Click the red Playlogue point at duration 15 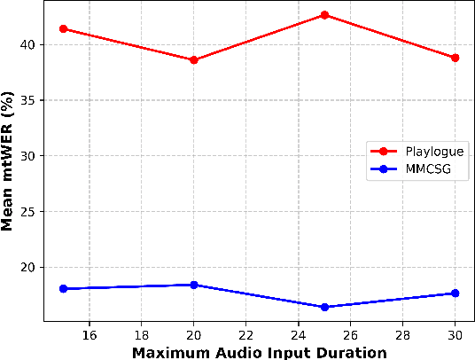(x=63, y=28)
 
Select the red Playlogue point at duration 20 (x=194, y=59)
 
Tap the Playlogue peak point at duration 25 (x=324, y=15)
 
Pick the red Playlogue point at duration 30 (x=455, y=57)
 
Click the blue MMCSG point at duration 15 (x=63, y=288)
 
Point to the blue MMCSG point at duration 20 (x=194, y=285)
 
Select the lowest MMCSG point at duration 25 (x=324, y=307)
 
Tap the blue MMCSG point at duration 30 (x=455, y=293)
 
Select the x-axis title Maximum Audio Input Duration (x=260, y=352)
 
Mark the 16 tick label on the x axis (x=90, y=335)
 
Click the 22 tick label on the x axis (x=246, y=335)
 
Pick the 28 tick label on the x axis (x=403, y=335)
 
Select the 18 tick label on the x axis (x=142, y=335)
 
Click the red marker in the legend (x=385, y=151)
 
